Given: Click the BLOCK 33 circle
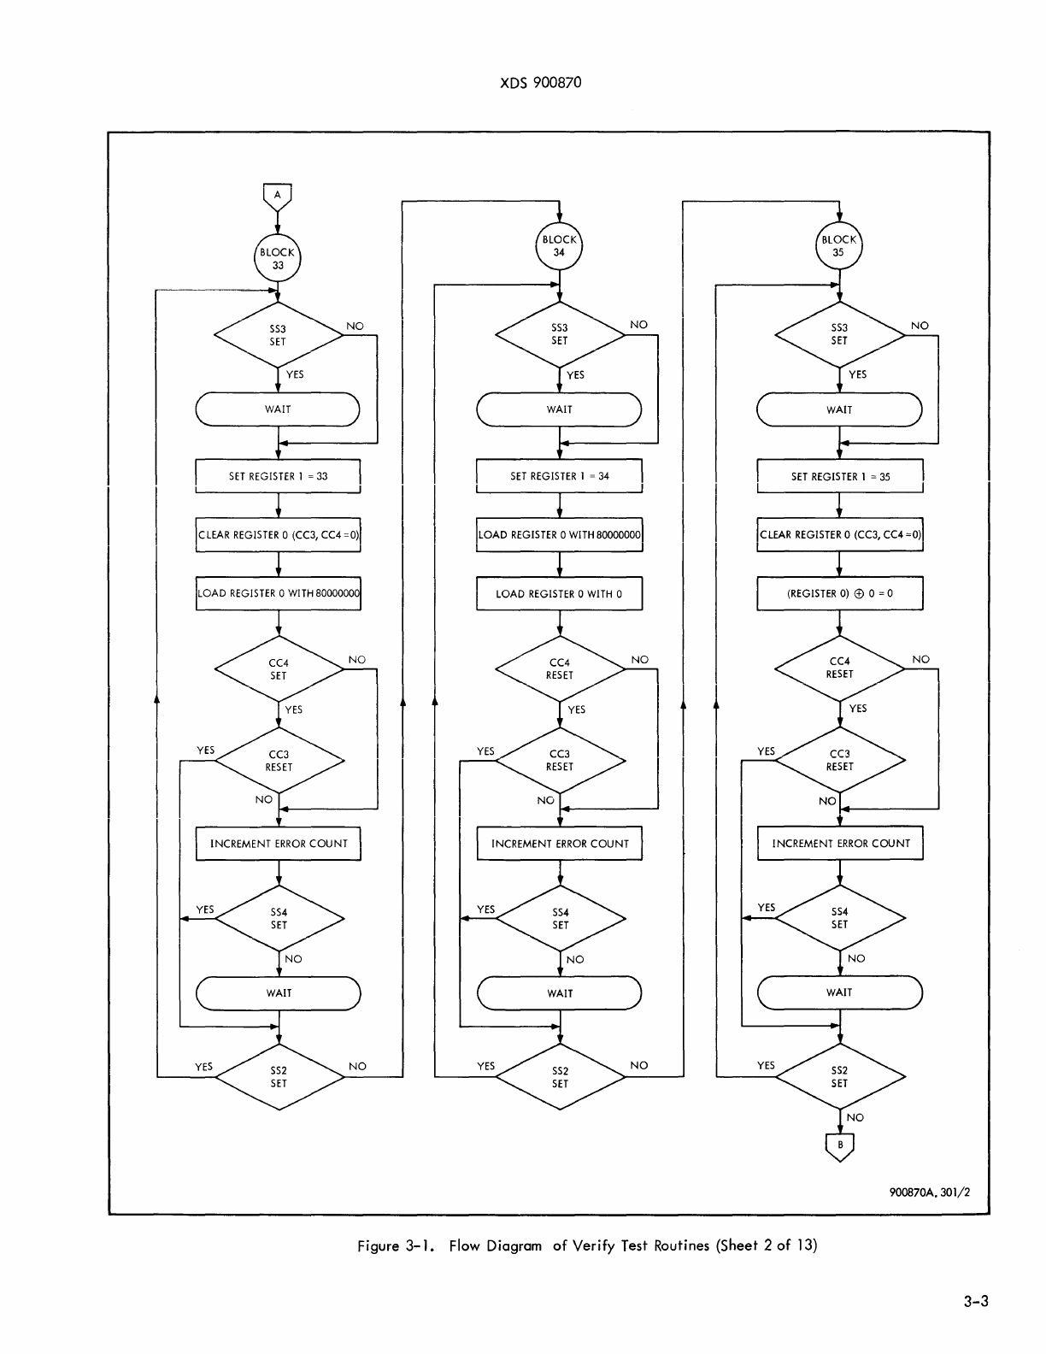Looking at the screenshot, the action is pos(278,258).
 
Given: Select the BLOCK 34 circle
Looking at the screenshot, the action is pos(559,245).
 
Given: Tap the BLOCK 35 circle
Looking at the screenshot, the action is pos(839,245).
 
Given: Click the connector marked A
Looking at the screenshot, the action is pos(278,196).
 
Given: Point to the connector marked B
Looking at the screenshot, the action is pos(840,1145).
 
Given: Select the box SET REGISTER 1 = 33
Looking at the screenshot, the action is pos(278,476).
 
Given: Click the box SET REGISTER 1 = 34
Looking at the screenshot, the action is pos(559,476).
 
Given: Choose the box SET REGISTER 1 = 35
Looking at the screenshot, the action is pos(840,476).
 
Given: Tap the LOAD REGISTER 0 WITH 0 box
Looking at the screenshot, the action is pos(559,593).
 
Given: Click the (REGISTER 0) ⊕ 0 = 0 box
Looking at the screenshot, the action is pos(840,593).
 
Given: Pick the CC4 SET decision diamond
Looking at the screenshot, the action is pos(279,668).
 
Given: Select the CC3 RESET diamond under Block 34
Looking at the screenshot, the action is pos(560,760).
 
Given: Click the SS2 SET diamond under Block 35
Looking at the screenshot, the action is pos(839,1076).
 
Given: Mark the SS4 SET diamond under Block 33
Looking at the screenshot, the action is pos(279,918).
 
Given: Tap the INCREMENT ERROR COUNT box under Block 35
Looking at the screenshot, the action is pos(841,843).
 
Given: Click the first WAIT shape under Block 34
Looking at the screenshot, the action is pos(559,409).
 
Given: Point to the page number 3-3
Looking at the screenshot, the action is pos(973,1302).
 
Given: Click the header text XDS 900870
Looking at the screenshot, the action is pos(540,83).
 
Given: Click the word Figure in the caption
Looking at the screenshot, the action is pos(378,1245).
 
